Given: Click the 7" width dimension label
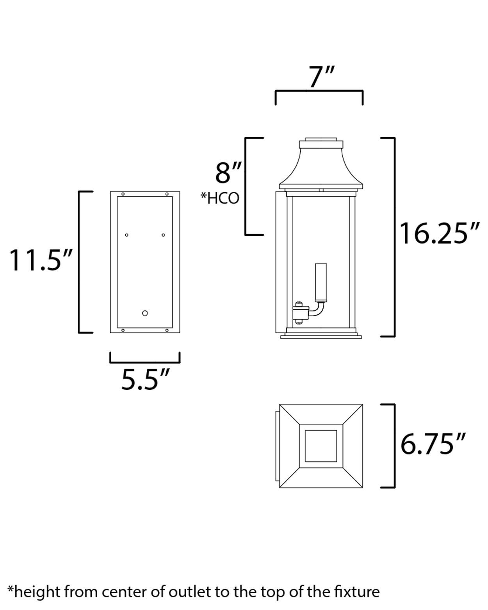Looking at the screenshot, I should pos(321,77).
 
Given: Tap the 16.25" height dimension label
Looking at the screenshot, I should pos(438,234).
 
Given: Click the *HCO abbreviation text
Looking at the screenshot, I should pos(219,198).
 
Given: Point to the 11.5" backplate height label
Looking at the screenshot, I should pos(41,260).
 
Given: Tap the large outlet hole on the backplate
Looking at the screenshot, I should pos(145,313).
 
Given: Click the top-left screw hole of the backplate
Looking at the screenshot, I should pos(123,194).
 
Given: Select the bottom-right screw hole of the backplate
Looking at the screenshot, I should pos(167,330).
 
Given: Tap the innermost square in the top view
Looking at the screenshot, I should pos(321,446).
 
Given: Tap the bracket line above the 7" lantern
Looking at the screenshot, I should pos(319,91).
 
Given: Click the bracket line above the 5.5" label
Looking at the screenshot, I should pos(145,362).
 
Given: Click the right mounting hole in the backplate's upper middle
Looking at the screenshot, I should pos(163,235).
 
